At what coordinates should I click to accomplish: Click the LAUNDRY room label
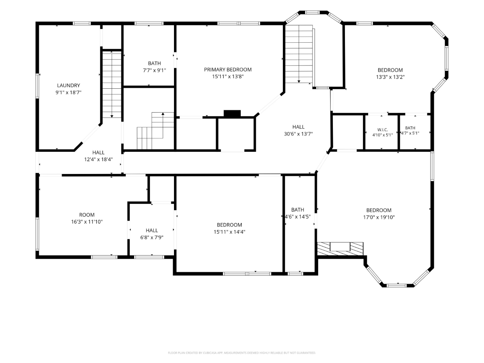69,85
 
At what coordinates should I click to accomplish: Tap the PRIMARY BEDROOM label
228,70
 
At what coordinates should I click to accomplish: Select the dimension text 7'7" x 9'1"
155,70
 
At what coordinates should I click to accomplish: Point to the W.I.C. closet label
383,130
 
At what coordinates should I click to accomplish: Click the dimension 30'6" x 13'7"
298,134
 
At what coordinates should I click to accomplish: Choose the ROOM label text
87,215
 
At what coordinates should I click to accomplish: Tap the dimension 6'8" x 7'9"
152,237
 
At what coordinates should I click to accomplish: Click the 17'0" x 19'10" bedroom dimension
379,217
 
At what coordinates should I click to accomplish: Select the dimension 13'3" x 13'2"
390,77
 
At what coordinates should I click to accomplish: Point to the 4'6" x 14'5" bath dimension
298,217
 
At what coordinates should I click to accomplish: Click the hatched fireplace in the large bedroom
340,248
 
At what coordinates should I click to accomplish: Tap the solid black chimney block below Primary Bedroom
232,113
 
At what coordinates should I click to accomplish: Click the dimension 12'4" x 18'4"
98,160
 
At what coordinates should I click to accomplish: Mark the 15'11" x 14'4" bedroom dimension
229,232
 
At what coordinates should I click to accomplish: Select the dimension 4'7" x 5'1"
410,133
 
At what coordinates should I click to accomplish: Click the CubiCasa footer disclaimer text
242,353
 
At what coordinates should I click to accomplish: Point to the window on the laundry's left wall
38,86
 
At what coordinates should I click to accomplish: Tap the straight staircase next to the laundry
112,85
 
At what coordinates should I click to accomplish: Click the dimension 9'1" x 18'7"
69,92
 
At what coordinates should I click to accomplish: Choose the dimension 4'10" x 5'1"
383,135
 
